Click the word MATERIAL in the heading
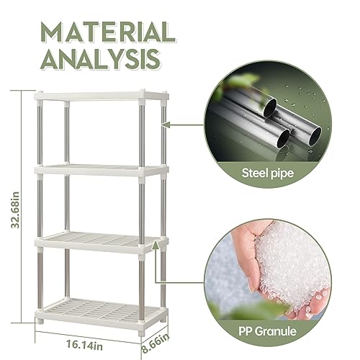point(108,32)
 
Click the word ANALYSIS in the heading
point(100,59)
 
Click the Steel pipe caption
point(268,173)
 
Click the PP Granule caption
point(267,331)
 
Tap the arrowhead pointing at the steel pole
point(166,125)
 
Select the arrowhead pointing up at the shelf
point(156,246)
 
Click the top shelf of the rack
point(102,96)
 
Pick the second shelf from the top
point(102,170)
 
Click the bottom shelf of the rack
point(102,312)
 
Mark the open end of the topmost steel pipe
point(270,108)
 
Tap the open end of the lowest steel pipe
point(283,138)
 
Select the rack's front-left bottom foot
point(40,320)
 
